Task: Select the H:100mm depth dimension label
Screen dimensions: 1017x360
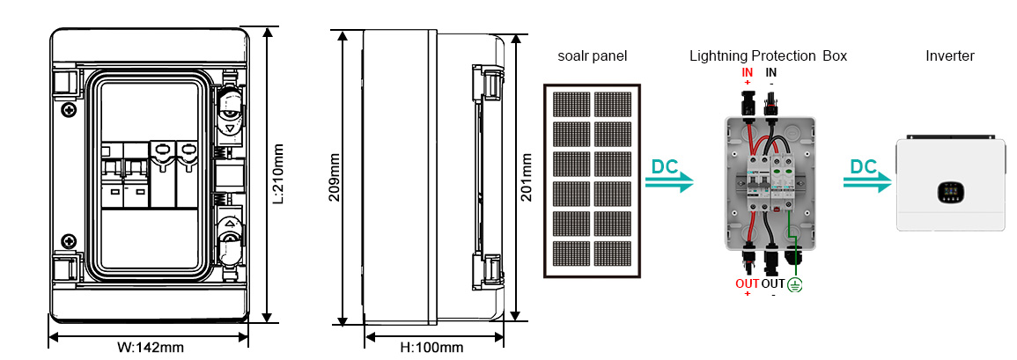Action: click(x=432, y=349)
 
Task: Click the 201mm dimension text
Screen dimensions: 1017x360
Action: click(x=527, y=177)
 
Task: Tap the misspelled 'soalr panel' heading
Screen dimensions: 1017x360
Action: click(x=593, y=56)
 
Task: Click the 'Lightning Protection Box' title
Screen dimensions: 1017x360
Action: click(x=769, y=56)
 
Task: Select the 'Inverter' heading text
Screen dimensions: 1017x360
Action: click(x=950, y=56)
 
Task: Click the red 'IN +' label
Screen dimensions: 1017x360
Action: click(x=748, y=77)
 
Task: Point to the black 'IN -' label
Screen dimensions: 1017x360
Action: click(x=771, y=77)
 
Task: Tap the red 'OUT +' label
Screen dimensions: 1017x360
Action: click(x=748, y=289)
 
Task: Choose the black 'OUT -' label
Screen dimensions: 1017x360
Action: click(x=773, y=289)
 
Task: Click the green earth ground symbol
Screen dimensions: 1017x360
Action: click(x=794, y=284)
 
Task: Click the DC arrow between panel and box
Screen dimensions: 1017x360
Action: click(x=669, y=176)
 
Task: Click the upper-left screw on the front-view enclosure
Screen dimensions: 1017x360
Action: click(x=67, y=110)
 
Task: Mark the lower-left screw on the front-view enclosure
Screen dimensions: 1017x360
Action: click(x=67, y=240)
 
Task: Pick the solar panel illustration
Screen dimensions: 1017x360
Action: click(x=593, y=181)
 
